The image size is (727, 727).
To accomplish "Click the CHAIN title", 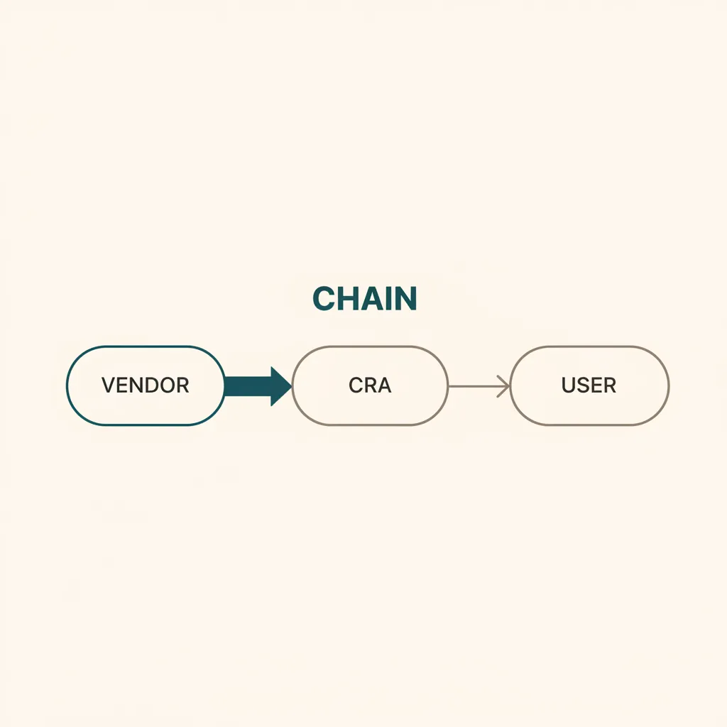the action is click(365, 298).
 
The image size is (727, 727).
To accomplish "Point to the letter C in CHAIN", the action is click(324, 298).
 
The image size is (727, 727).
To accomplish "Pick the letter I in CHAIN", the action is click(388, 298).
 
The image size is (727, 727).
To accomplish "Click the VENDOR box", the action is click(146, 386).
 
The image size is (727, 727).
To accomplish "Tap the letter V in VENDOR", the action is click(108, 386).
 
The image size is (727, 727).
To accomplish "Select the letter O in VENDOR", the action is click(167, 386).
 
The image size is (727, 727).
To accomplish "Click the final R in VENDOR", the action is click(183, 386).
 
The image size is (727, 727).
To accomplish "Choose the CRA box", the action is click(370, 386).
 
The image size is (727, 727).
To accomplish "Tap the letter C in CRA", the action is click(356, 386).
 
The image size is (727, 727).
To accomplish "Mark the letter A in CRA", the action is click(385, 386).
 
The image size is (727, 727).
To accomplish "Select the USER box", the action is click(589, 386).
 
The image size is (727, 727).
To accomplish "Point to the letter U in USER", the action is click(569, 386).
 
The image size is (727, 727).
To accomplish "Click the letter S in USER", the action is click(584, 386).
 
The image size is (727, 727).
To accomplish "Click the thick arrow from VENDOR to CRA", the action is click(258, 386).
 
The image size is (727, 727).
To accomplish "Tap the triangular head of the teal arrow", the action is click(280, 386).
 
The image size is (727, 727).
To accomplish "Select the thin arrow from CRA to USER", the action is click(479, 386).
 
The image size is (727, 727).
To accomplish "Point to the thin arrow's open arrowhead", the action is click(504, 386).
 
